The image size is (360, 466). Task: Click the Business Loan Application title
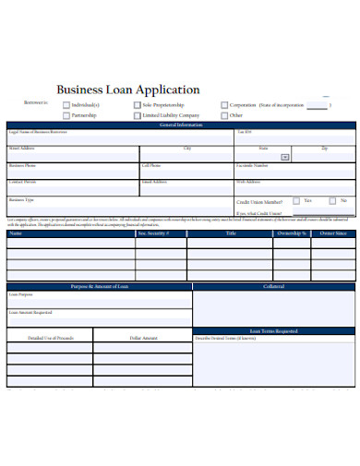(128, 90)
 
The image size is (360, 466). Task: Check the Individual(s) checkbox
(66, 105)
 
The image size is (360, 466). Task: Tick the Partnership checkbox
(66, 116)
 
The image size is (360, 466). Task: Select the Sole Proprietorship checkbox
(137, 105)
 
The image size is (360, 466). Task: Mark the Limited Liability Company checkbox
(137, 116)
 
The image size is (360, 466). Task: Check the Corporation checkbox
(224, 105)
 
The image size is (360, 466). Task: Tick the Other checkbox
(224, 116)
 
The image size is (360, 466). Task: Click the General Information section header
(180, 125)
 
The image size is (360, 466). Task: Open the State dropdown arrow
(285, 157)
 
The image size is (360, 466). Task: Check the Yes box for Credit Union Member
(295, 200)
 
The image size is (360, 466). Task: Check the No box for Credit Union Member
(331, 200)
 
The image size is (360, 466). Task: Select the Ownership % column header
(291, 233)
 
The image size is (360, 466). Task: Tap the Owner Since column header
(333, 233)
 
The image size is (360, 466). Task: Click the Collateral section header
(273, 286)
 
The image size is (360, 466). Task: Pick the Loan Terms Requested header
(273, 330)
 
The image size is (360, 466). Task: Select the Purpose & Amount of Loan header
(99, 286)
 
